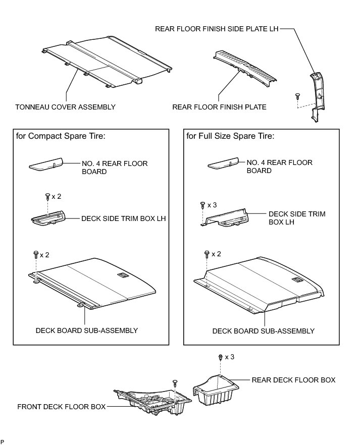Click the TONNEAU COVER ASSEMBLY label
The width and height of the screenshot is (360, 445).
pos(66,107)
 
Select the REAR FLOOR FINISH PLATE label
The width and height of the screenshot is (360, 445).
pos(219,107)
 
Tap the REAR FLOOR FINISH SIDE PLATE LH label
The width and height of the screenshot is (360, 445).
pos(217,29)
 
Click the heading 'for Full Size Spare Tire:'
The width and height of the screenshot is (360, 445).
pos(230,136)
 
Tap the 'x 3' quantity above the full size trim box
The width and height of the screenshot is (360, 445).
pos(213,205)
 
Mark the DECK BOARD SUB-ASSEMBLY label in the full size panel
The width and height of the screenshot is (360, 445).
pos(263,331)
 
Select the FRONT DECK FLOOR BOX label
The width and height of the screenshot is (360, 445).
pos(62,406)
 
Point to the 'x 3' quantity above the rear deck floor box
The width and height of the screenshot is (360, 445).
pos(230,357)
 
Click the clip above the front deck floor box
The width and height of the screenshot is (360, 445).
pos(175,382)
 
